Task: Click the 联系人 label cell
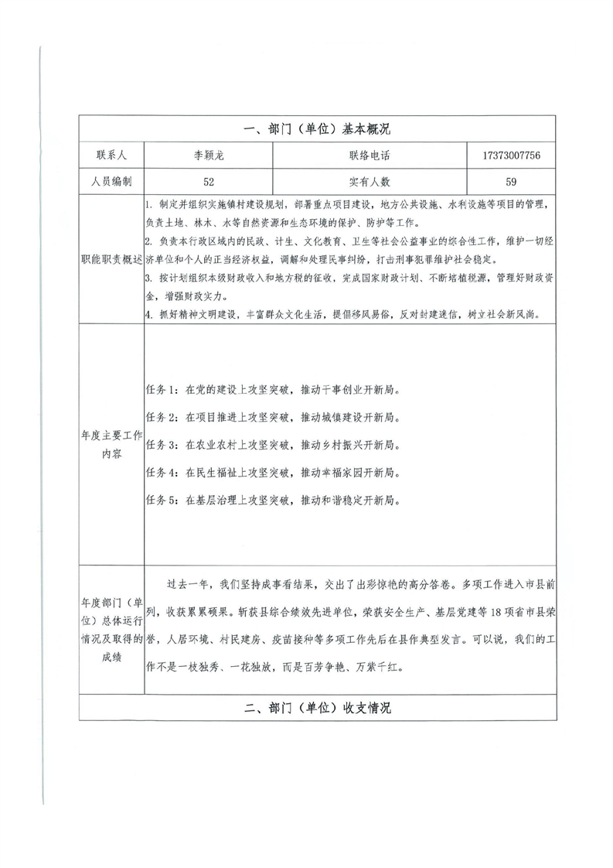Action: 111,155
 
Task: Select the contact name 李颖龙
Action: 209,155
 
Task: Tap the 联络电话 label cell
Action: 370,155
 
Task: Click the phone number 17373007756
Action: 511,155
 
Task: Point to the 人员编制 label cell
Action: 111,183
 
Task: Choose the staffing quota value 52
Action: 209,183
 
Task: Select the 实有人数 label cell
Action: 370,183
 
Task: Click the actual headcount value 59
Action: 511,183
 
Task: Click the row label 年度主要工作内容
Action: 111,446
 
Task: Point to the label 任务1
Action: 162,390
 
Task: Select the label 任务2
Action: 162,418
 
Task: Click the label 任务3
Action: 162,446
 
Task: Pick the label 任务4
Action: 162,473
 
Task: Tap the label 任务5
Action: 162,500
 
